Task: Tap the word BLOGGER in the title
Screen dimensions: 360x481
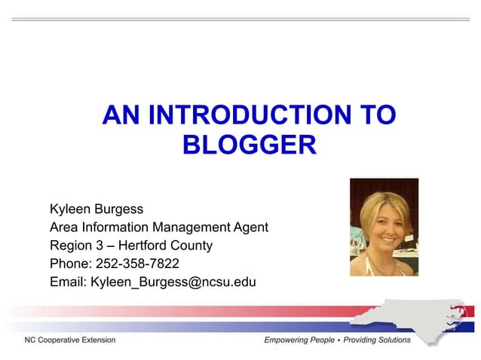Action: (x=249, y=144)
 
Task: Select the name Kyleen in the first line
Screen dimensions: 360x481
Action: (x=70, y=209)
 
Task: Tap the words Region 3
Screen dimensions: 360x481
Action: (x=76, y=246)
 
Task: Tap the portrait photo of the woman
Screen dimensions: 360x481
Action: (x=384, y=227)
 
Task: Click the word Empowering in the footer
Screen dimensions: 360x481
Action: (x=290, y=340)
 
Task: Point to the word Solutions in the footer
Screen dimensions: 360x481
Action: (x=393, y=340)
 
